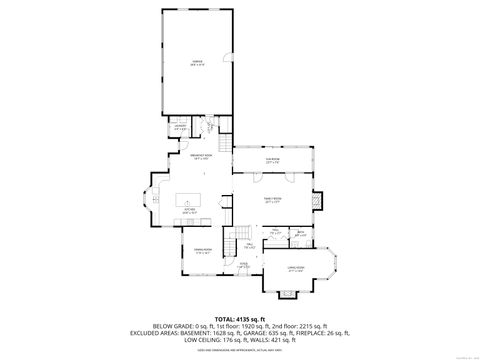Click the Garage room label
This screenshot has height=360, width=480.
[x=197, y=62]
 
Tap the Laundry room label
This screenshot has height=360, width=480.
[x=180, y=128]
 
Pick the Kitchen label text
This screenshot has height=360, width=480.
[x=190, y=211]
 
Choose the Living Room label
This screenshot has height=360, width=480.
[x=296, y=268]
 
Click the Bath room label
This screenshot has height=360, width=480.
[x=299, y=234]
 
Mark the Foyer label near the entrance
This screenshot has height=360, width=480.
[x=244, y=266]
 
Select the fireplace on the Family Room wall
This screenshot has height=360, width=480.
[x=319, y=200]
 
